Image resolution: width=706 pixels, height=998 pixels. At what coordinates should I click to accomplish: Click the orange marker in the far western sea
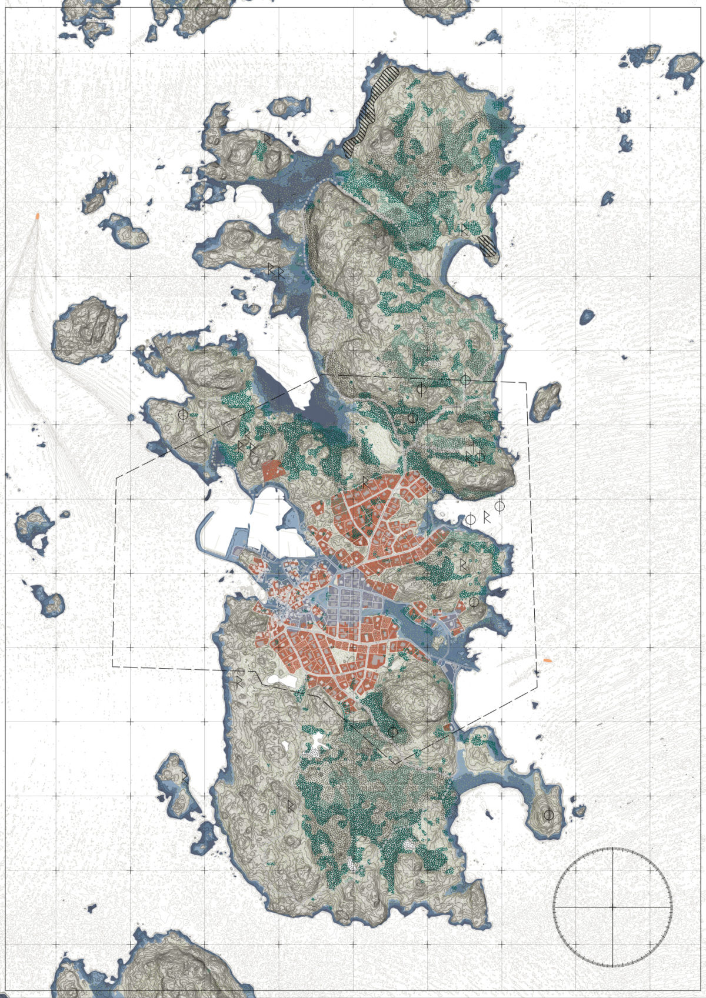click(38, 216)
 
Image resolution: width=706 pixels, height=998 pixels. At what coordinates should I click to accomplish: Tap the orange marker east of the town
click(548, 660)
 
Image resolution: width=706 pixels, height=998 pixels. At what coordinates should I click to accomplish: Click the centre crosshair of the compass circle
click(612, 907)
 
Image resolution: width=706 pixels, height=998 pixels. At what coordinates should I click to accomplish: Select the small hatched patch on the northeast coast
click(488, 245)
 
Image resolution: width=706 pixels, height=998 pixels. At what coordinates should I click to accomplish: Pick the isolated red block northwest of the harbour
click(271, 470)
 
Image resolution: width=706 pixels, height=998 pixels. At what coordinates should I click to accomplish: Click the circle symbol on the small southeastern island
click(548, 815)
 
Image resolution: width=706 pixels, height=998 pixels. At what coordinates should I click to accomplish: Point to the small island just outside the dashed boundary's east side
click(545, 402)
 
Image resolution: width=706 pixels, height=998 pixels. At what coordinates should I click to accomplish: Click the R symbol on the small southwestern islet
click(185, 777)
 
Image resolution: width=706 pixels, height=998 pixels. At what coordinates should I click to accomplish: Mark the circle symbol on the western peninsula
click(183, 414)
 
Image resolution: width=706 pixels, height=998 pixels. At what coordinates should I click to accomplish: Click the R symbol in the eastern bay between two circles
click(486, 518)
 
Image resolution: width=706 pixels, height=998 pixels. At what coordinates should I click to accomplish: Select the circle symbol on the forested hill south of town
click(392, 732)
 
